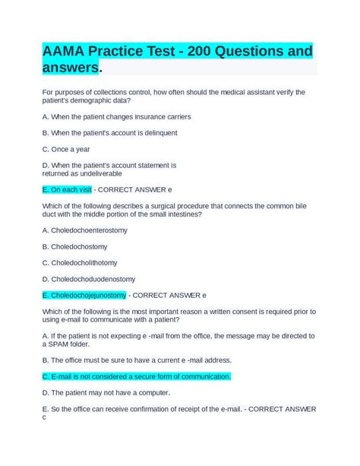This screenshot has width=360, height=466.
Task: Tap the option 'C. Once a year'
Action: coord(66,149)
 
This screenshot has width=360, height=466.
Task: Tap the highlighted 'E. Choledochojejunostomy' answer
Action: coord(84,294)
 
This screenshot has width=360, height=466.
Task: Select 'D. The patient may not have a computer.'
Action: coord(106,392)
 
